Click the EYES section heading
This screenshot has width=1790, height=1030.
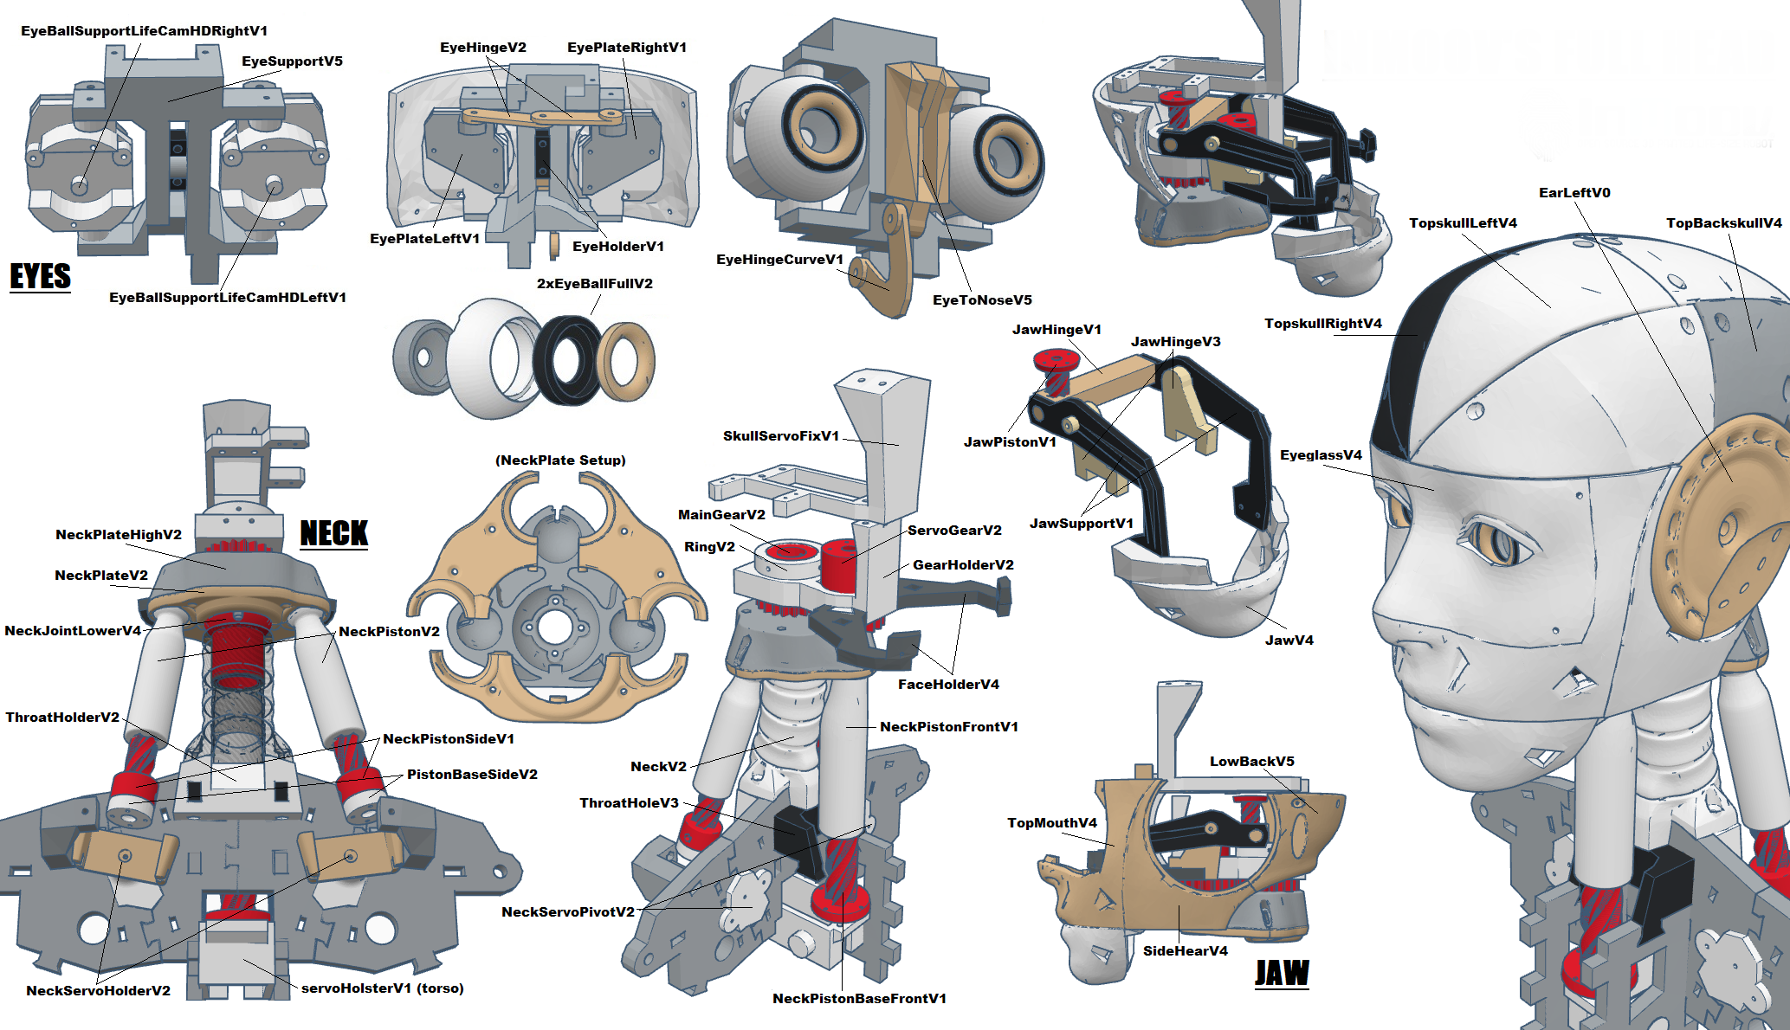[x=40, y=276]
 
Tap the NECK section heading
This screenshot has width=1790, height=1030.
[x=333, y=533]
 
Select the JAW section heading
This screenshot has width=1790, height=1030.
[x=1282, y=973]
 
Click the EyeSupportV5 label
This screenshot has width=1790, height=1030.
[x=292, y=61]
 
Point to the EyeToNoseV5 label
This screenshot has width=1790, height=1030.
[x=982, y=300]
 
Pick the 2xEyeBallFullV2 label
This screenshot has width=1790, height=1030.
[x=594, y=284]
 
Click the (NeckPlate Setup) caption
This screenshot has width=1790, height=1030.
[x=560, y=460]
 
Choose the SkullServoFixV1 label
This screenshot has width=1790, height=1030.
[x=781, y=436]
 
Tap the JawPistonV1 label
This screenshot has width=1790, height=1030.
[x=1010, y=442]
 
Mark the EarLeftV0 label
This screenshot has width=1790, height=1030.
[x=1574, y=193]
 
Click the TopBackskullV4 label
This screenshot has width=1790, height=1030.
[x=1723, y=223]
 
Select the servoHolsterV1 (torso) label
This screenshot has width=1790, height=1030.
[x=382, y=988]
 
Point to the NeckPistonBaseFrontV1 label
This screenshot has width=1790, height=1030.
[x=859, y=999]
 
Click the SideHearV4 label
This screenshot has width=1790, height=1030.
[x=1185, y=951]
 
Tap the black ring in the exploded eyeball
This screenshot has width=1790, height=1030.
[x=567, y=360]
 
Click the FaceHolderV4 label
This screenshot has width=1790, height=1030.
[x=948, y=685]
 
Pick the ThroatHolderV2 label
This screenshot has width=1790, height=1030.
[x=62, y=718]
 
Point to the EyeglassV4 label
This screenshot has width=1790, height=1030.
[x=1321, y=455]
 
